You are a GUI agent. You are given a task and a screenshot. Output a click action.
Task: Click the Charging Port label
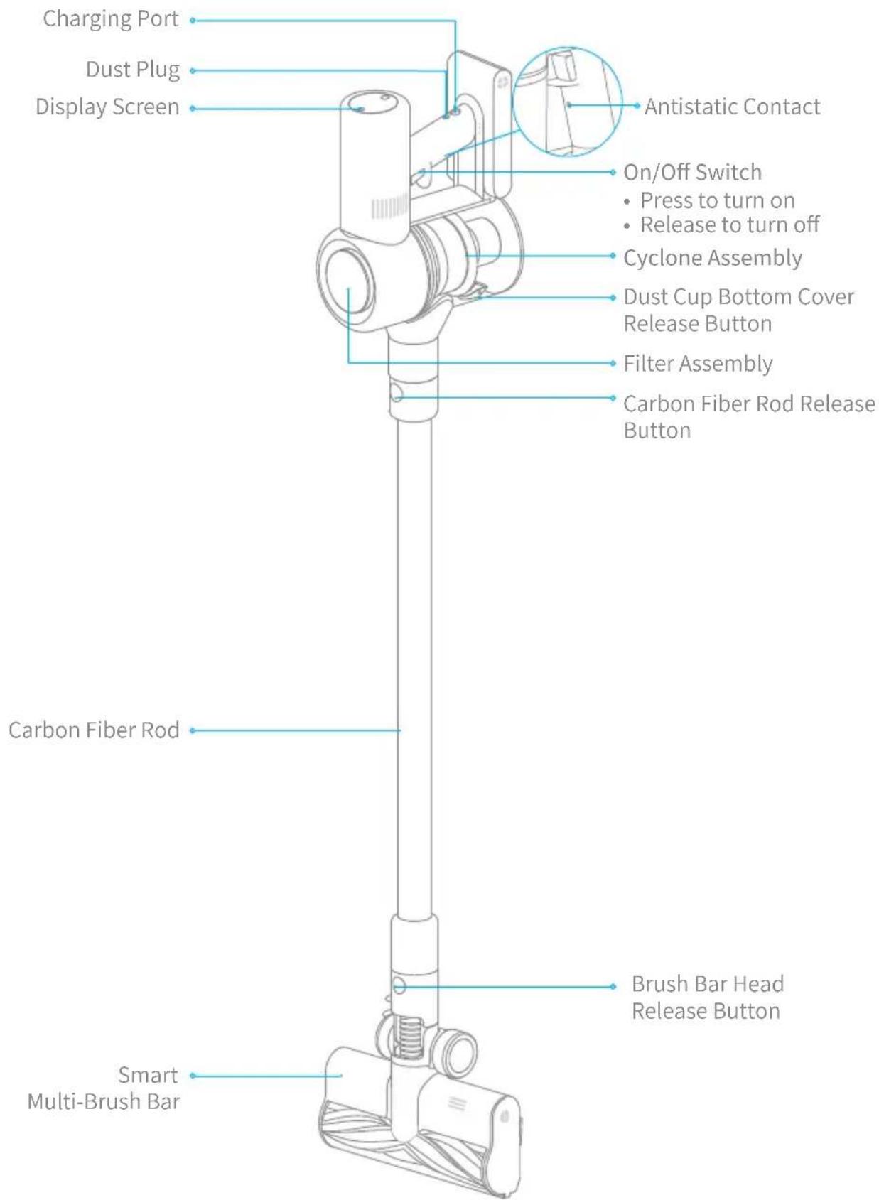coord(110,19)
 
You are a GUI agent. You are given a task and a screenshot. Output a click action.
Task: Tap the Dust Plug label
coord(133,70)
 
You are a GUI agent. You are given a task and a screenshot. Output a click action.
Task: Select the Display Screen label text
coord(107,107)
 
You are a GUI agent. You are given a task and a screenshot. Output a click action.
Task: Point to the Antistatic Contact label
coord(732,107)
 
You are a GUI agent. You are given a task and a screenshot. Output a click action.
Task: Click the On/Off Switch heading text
coord(692,173)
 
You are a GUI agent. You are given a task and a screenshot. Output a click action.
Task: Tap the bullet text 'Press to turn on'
coord(717,200)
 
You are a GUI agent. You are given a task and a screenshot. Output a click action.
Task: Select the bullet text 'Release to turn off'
coord(730,225)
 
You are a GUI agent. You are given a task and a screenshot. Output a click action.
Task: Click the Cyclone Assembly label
coord(713,258)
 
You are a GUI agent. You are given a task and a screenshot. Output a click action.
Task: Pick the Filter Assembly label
coord(698,364)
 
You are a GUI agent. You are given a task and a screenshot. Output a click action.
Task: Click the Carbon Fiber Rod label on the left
coord(94,730)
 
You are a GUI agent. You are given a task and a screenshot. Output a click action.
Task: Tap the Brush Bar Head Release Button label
coord(707,997)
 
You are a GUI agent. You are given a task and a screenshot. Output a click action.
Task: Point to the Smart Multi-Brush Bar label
coord(104,1088)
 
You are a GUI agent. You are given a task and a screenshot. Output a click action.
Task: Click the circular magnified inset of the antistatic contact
coord(567,102)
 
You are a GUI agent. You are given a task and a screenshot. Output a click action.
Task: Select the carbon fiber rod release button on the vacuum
coord(397,394)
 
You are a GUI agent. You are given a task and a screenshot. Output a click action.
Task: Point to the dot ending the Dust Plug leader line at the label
coord(193,71)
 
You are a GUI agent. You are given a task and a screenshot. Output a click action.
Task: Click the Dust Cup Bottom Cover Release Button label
coord(739,310)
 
